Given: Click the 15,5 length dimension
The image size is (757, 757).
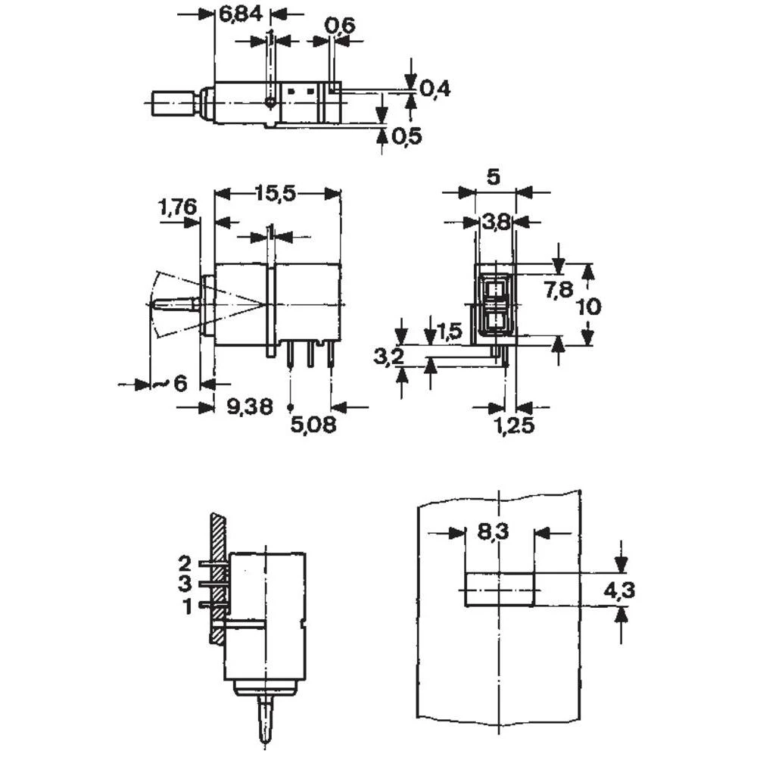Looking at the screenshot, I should point(275,194).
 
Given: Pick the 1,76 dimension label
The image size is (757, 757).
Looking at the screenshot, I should point(177,206).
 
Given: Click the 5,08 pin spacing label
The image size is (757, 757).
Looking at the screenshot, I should point(313,425).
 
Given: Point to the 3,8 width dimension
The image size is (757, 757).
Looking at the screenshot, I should point(496,222).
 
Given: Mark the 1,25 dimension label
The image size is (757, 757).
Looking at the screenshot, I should point(515,426).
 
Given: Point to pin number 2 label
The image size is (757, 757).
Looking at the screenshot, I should point(185,563).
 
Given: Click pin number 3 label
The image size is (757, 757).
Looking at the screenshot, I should point(185,584).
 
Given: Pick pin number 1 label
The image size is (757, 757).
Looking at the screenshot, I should point(185,605).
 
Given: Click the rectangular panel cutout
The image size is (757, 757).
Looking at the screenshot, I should point(500,590).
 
